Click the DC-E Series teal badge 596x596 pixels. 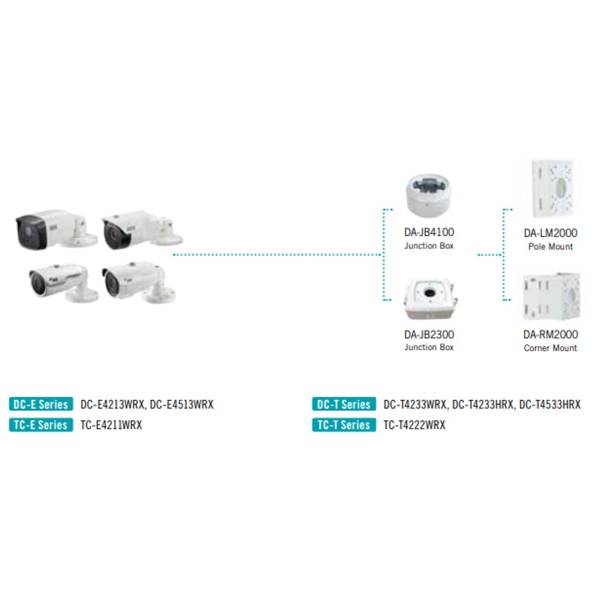pos(41,404)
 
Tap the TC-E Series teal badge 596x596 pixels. pos(41,424)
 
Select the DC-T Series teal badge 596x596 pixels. pos(344,404)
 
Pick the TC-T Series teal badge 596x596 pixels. pos(344,424)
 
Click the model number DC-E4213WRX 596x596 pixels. pos(112,405)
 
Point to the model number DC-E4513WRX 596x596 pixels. pos(182,405)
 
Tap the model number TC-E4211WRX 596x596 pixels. pos(111,425)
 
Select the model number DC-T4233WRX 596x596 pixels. pos(415,405)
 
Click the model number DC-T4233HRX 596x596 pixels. pos(483,405)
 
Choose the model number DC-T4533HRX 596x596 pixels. pos(550,405)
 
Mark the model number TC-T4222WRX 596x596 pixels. pos(414,425)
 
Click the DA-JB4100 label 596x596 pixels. pos(429,232)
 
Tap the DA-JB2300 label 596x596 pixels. pos(429,334)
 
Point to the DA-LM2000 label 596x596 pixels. pos(550,233)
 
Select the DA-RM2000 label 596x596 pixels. pos(550,334)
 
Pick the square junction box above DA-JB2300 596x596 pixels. pos(430,299)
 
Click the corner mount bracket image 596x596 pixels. pos(551,296)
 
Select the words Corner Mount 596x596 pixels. pos(550,348)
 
